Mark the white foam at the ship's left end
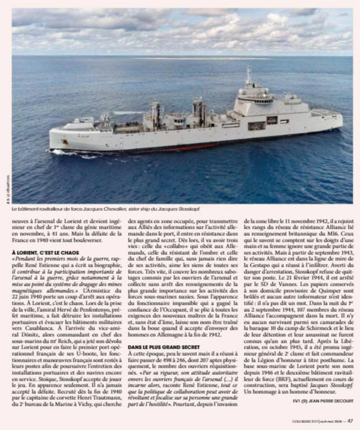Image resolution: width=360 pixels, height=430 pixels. pyautogui.click(x=59, y=152)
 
